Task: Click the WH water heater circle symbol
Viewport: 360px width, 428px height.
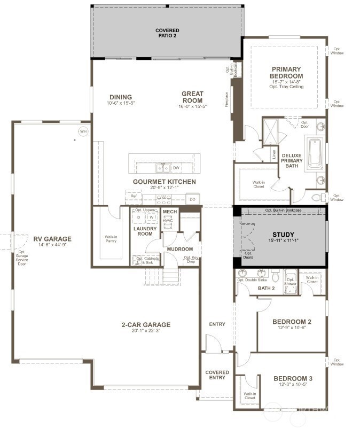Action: click(x=83, y=131)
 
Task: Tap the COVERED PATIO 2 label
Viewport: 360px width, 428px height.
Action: click(x=167, y=33)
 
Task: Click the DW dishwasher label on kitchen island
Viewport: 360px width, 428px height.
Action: click(x=176, y=168)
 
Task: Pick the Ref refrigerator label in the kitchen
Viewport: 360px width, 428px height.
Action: click(x=135, y=197)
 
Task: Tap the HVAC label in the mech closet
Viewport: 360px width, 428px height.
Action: click(x=168, y=220)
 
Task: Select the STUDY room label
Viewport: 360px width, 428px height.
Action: click(x=283, y=235)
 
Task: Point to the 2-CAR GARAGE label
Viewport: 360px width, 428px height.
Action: click(x=145, y=324)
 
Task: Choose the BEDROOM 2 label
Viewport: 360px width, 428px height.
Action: click(x=292, y=322)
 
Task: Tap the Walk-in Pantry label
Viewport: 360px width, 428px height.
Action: click(x=111, y=239)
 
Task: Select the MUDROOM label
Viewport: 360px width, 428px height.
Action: click(x=179, y=249)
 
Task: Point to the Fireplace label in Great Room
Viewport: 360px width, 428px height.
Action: click(x=226, y=100)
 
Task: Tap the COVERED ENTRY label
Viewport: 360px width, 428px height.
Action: click(x=217, y=375)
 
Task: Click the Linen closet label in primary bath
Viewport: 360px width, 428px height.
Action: click(x=274, y=154)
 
